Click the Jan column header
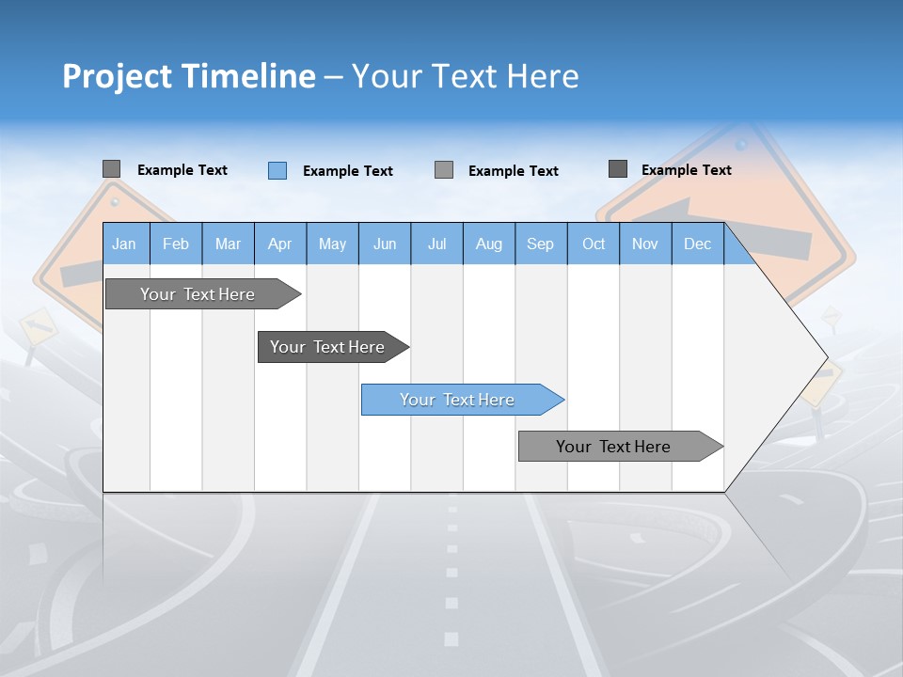click(124, 244)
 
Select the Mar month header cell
click(228, 244)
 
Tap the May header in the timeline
click(332, 244)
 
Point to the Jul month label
click(436, 244)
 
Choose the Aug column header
click(489, 244)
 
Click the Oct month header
click(594, 244)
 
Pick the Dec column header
click(697, 244)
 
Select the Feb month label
click(176, 244)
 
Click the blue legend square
click(277, 170)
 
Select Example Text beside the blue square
click(347, 171)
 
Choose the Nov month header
click(645, 244)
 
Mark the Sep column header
click(540, 244)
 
